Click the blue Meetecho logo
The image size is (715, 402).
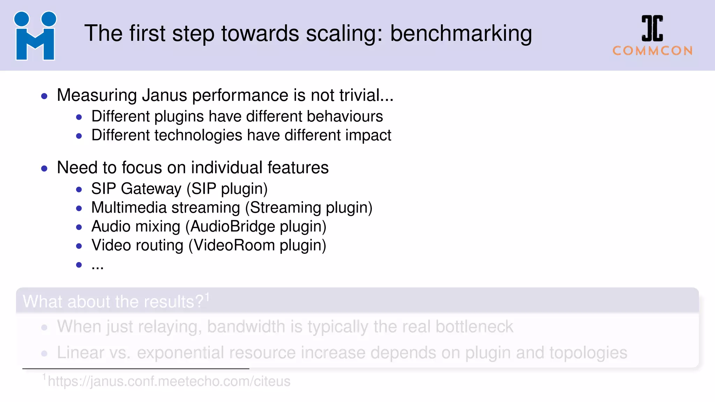[35, 36]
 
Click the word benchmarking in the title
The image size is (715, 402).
[461, 34]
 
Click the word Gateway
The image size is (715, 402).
[151, 189]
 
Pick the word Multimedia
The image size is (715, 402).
[129, 208]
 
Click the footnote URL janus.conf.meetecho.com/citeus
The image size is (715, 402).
[169, 381]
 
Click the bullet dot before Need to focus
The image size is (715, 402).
[44, 169]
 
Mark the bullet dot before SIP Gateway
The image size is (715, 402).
[79, 190]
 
